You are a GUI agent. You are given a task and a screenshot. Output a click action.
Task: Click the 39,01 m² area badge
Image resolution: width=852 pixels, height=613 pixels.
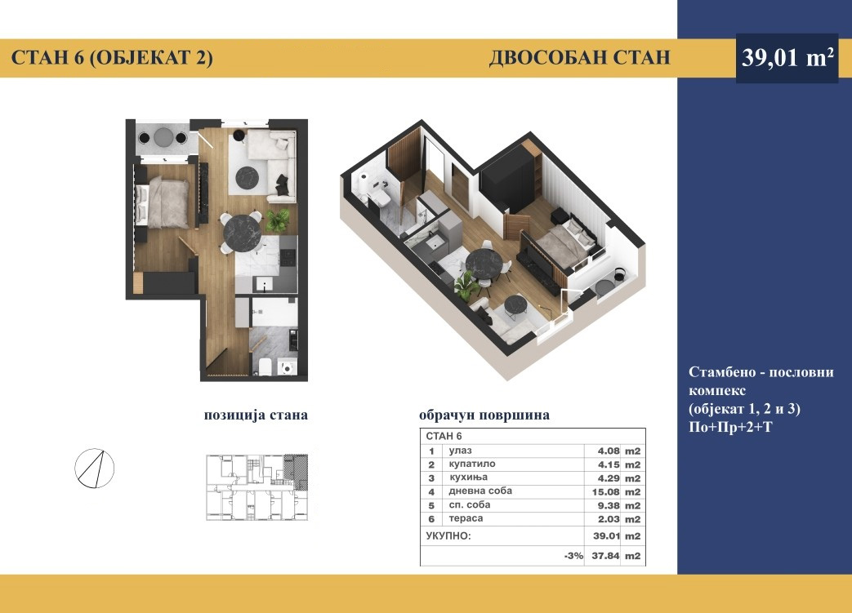point(787,58)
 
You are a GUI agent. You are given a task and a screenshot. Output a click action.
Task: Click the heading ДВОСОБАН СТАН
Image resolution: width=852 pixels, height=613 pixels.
point(579,58)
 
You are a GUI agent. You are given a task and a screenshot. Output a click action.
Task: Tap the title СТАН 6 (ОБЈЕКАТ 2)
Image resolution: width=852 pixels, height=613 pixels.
point(112,58)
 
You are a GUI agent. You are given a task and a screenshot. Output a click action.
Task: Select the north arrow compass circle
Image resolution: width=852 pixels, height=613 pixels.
point(95,468)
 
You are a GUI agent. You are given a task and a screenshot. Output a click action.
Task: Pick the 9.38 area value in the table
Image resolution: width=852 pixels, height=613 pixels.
point(609,505)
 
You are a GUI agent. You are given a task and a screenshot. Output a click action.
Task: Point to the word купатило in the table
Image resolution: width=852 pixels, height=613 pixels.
point(472,464)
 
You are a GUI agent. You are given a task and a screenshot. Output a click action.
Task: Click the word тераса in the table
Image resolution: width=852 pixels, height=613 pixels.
point(466,518)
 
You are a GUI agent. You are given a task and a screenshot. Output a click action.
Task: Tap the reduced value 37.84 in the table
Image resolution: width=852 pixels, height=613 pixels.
point(606,556)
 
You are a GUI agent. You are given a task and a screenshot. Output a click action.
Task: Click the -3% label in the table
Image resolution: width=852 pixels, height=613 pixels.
point(573,556)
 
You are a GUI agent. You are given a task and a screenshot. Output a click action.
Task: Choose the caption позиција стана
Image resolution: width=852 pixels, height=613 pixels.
point(256,415)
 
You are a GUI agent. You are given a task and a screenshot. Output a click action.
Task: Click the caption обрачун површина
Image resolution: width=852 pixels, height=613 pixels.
point(484,415)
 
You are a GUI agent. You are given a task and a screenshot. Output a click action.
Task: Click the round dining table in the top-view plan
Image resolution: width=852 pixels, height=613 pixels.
point(243,233)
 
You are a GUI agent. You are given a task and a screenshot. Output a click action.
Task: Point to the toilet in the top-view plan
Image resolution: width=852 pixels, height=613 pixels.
point(265,367)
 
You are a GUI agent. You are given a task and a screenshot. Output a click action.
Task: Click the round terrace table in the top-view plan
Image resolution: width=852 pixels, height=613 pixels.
point(163,137)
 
